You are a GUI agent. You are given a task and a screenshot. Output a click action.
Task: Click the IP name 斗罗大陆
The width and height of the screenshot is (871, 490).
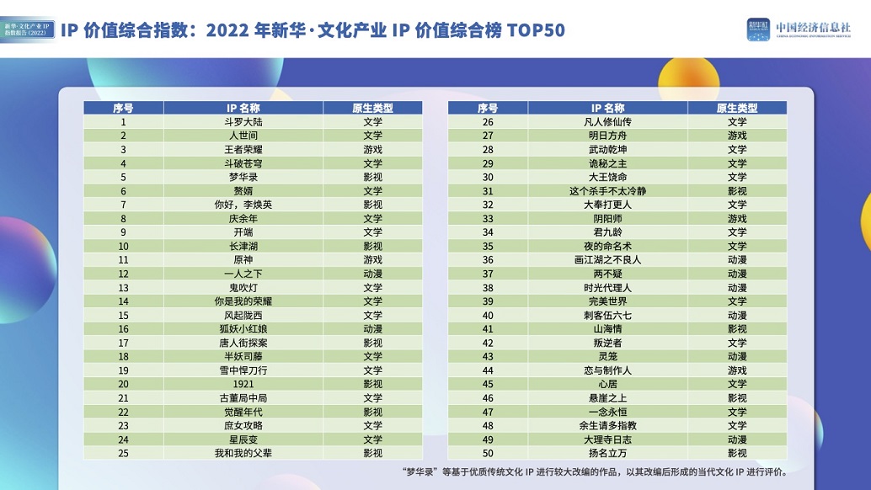(x=243, y=122)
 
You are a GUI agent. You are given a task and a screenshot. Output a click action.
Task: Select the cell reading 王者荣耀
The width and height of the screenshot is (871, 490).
(x=243, y=149)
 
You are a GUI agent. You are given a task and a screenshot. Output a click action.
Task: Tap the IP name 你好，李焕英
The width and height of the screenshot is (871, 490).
(x=243, y=205)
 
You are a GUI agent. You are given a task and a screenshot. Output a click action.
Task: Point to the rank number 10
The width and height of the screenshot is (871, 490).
(x=123, y=246)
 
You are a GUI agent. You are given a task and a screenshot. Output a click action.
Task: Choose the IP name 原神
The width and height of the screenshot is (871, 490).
(x=243, y=260)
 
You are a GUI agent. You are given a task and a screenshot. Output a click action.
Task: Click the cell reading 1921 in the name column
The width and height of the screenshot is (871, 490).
(x=243, y=384)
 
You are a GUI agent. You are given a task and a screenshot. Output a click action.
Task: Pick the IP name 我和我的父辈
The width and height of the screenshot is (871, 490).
(x=243, y=453)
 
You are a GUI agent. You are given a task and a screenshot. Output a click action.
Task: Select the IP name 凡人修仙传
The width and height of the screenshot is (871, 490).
(x=607, y=122)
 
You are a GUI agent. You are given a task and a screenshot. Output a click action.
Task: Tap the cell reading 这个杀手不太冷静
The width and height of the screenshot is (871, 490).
(x=607, y=191)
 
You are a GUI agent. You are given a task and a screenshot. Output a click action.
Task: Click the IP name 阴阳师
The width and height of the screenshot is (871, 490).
(x=607, y=218)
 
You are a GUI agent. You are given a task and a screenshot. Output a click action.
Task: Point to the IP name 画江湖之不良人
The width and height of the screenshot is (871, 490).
(x=607, y=260)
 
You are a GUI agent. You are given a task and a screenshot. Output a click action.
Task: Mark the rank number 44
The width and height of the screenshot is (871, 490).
(x=488, y=370)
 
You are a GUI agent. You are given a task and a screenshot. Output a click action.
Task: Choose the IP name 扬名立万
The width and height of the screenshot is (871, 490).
(x=607, y=453)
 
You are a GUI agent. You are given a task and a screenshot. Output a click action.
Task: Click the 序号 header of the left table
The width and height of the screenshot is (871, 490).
(x=123, y=108)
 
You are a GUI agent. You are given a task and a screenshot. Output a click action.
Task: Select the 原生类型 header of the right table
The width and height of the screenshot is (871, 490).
(x=737, y=108)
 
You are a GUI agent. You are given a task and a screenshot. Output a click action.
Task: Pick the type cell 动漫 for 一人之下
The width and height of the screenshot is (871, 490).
(x=372, y=274)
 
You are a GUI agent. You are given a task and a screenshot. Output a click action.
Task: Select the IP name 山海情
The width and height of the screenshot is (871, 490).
(x=607, y=328)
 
